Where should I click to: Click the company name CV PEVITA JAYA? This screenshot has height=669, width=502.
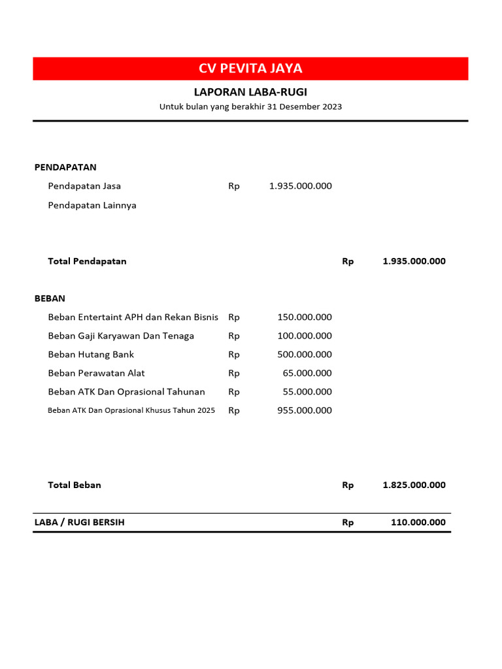point(250,69)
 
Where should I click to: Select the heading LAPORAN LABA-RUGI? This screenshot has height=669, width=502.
point(250,92)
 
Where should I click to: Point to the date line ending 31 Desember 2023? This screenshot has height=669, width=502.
point(250,106)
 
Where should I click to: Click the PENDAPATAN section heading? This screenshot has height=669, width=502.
point(65,167)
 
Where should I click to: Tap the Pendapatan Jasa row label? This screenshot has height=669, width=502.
point(84,186)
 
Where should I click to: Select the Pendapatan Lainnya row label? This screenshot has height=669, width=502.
point(92,205)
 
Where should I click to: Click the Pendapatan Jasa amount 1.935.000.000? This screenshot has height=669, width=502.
point(300,186)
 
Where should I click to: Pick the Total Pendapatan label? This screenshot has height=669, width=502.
point(87,261)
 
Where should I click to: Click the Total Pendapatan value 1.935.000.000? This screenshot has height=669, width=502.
point(414,261)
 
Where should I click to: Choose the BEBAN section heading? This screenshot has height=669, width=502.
point(50,299)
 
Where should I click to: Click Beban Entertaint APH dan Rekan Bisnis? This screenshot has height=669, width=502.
point(133,318)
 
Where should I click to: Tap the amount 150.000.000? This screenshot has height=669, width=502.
point(304,318)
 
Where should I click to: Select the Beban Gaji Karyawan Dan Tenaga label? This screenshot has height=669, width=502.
point(121,336)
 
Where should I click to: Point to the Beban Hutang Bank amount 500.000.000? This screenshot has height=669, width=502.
point(304,355)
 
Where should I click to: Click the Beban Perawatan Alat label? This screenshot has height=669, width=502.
point(96,373)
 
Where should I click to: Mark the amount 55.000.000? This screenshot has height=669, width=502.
point(307,392)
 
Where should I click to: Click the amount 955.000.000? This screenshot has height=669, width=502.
point(304,411)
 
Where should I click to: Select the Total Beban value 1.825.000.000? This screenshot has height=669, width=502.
point(414,485)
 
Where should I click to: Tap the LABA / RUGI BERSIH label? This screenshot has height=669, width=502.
point(79,523)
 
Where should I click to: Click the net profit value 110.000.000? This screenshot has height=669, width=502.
point(418,523)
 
